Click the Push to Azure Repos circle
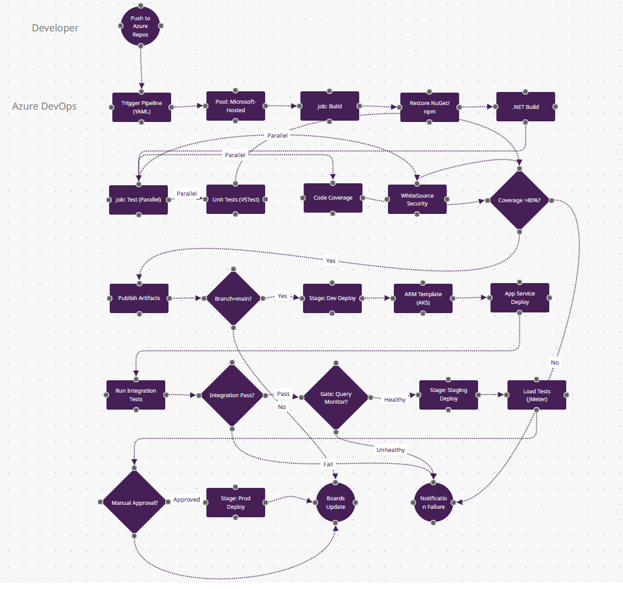pyautogui.click(x=140, y=25)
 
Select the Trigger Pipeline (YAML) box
pyautogui.click(x=142, y=106)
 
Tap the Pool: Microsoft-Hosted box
pyautogui.click(x=236, y=106)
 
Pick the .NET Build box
pyautogui.click(x=526, y=106)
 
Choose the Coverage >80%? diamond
pyautogui.click(x=520, y=200)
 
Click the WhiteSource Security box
pyautogui.click(x=417, y=200)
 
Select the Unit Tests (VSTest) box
pyautogui.click(x=236, y=200)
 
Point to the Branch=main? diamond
pyautogui.click(x=232, y=298)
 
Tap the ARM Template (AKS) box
pyautogui.click(x=423, y=298)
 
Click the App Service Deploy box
pyautogui.click(x=520, y=298)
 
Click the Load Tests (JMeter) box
pyautogui.click(x=537, y=395)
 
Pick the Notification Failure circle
pyautogui.click(x=434, y=502)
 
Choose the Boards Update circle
pyautogui.click(x=336, y=502)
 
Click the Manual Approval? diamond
pyautogui.click(x=135, y=502)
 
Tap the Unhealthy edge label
pyautogui.click(x=391, y=450)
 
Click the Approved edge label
pyautogui.click(x=187, y=500)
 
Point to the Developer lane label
pyautogui.click(x=55, y=28)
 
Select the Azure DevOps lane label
pyautogui.click(x=44, y=106)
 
